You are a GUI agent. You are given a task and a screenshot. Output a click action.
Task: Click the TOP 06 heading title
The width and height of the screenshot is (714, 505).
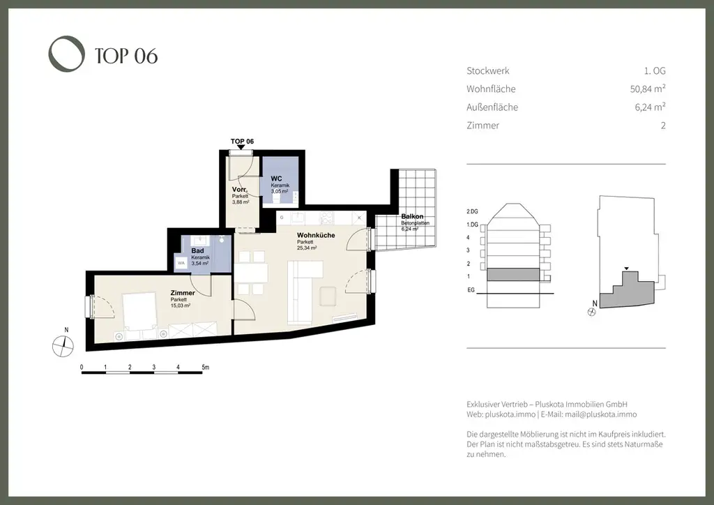coord(126,55)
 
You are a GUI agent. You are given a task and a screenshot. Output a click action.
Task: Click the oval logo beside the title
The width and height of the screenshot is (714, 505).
coord(66,54)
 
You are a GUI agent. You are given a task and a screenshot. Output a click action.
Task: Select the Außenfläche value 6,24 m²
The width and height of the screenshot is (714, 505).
coord(647,107)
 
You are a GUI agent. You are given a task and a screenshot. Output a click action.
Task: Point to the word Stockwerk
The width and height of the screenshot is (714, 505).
coord(487,70)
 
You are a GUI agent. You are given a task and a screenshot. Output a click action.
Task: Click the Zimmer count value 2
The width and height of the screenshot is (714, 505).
coord(662,126)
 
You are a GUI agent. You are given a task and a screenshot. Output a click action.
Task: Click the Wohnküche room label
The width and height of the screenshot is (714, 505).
coord(315,235)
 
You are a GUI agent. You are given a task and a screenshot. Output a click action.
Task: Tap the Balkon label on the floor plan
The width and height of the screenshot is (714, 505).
coord(412,217)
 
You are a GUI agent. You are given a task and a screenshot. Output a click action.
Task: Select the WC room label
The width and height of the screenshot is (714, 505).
coord(276,179)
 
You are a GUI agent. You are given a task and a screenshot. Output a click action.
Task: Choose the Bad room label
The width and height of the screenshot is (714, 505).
coord(197,250)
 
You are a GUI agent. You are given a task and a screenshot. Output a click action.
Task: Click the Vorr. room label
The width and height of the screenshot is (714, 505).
coord(239,190)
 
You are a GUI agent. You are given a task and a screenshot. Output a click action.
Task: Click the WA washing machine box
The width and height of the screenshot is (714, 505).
coord(181,264)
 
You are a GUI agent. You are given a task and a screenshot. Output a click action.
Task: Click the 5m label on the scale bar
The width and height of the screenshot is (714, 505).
coord(204,366)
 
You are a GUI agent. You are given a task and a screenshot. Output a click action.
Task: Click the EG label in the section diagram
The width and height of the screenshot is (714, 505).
coord(471,288)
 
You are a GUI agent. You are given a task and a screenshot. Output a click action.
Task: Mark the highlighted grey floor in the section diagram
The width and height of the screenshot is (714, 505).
coord(512,275)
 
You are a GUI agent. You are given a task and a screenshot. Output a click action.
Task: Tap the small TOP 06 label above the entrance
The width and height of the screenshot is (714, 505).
coord(242,141)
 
